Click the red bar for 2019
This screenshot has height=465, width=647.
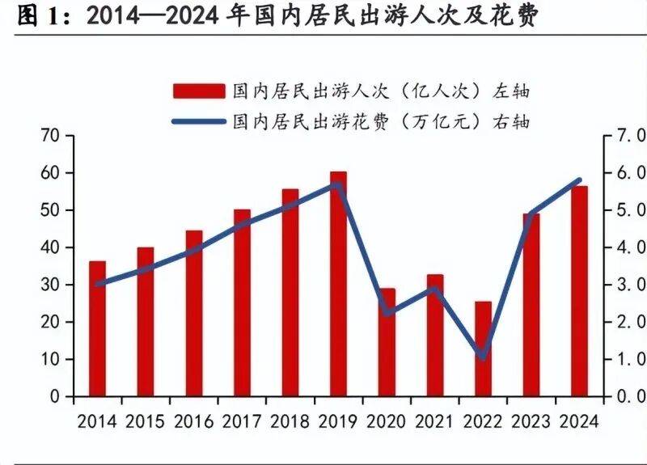pyautogui.click(x=338, y=283)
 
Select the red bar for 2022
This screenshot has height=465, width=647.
pyautogui.click(x=483, y=349)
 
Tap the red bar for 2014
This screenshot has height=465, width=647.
pyautogui.click(x=97, y=328)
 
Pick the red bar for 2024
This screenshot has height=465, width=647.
pyautogui.click(x=579, y=291)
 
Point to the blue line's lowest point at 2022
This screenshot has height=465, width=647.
pyautogui.click(x=483, y=357)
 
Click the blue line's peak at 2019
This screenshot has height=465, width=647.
pyautogui.click(x=338, y=185)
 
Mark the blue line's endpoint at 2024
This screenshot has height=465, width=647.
pyautogui.click(x=579, y=180)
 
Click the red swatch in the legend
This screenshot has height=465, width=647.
pyautogui.click(x=197, y=90)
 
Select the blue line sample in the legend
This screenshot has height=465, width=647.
pyautogui.click(x=197, y=122)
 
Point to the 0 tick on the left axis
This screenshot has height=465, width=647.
pyautogui.click(x=56, y=397)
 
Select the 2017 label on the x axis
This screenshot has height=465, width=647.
pyautogui.click(x=242, y=421)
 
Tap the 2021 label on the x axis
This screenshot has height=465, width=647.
pyautogui.click(x=435, y=421)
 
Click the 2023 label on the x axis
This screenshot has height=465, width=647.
pyautogui.click(x=531, y=421)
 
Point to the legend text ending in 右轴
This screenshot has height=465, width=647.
pyautogui.click(x=381, y=122)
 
